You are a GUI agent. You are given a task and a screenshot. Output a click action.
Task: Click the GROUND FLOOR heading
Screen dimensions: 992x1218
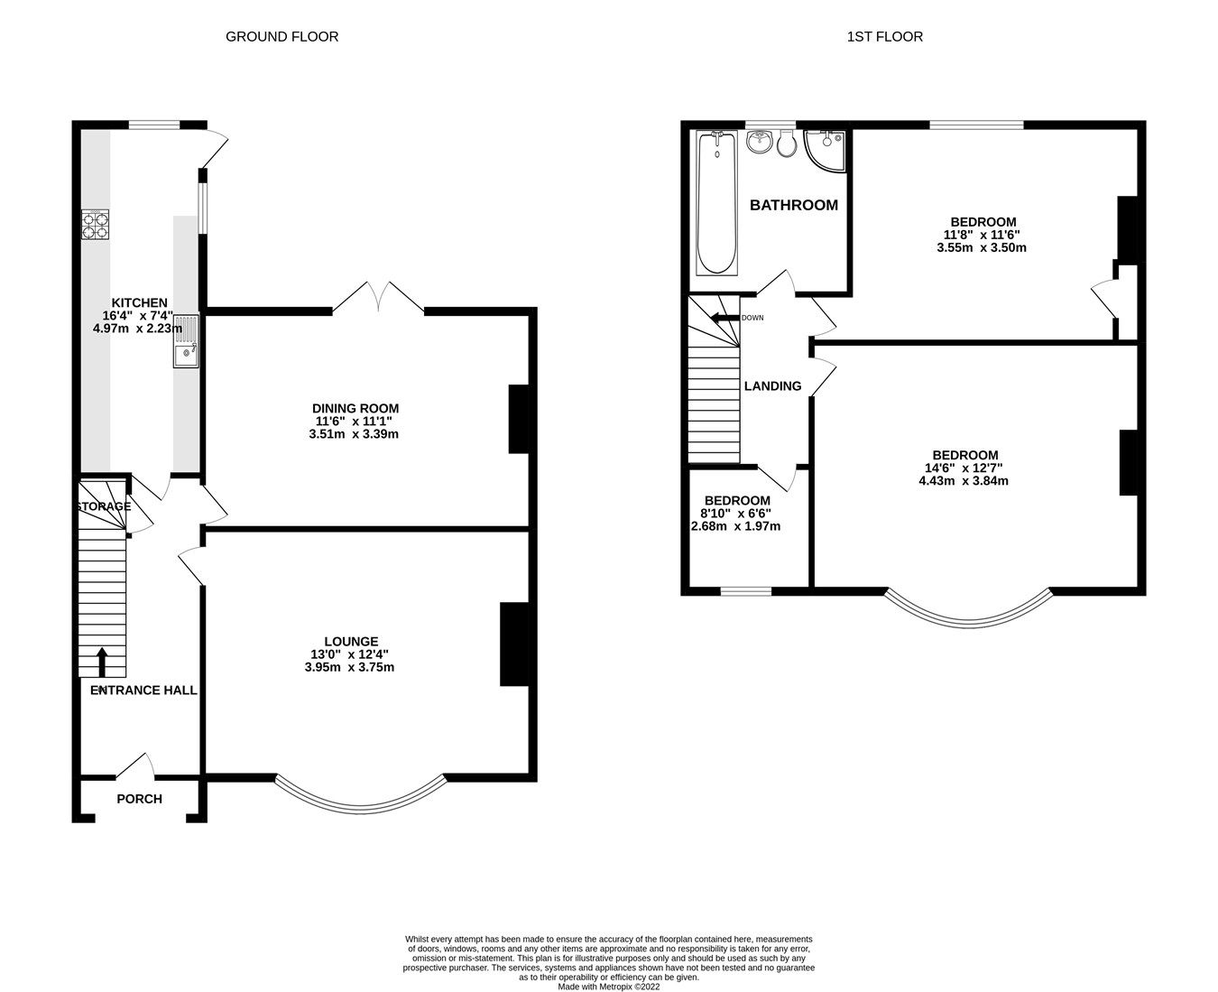point(281,37)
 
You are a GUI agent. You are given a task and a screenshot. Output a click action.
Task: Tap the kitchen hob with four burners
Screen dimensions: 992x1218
point(97,225)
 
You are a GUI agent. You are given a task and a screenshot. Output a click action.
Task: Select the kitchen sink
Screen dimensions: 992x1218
point(185,341)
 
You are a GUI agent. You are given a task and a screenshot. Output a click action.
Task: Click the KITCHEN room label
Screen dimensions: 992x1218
point(139,302)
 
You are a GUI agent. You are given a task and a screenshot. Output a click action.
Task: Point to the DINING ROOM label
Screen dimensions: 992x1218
point(356,408)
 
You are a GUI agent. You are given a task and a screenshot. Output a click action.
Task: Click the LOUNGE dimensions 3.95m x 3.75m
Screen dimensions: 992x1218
point(349,668)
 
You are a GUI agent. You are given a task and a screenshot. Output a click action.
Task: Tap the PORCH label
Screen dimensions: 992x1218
point(139,799)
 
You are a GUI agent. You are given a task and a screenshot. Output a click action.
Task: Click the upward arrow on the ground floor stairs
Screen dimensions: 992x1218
point(100,662)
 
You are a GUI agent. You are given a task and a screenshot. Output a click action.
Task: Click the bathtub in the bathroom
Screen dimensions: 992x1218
point(717,203)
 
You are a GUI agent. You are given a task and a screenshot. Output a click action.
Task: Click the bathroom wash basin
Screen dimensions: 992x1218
point(759,142)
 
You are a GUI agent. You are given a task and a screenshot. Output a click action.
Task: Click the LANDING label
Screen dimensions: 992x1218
point(772,386)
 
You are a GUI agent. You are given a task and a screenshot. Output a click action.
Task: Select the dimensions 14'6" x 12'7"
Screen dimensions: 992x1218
point(964,468)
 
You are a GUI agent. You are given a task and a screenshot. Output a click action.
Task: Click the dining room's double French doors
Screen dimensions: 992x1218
point(379,298)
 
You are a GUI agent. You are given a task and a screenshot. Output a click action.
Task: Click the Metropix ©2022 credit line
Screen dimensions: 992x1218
point(608,987)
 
